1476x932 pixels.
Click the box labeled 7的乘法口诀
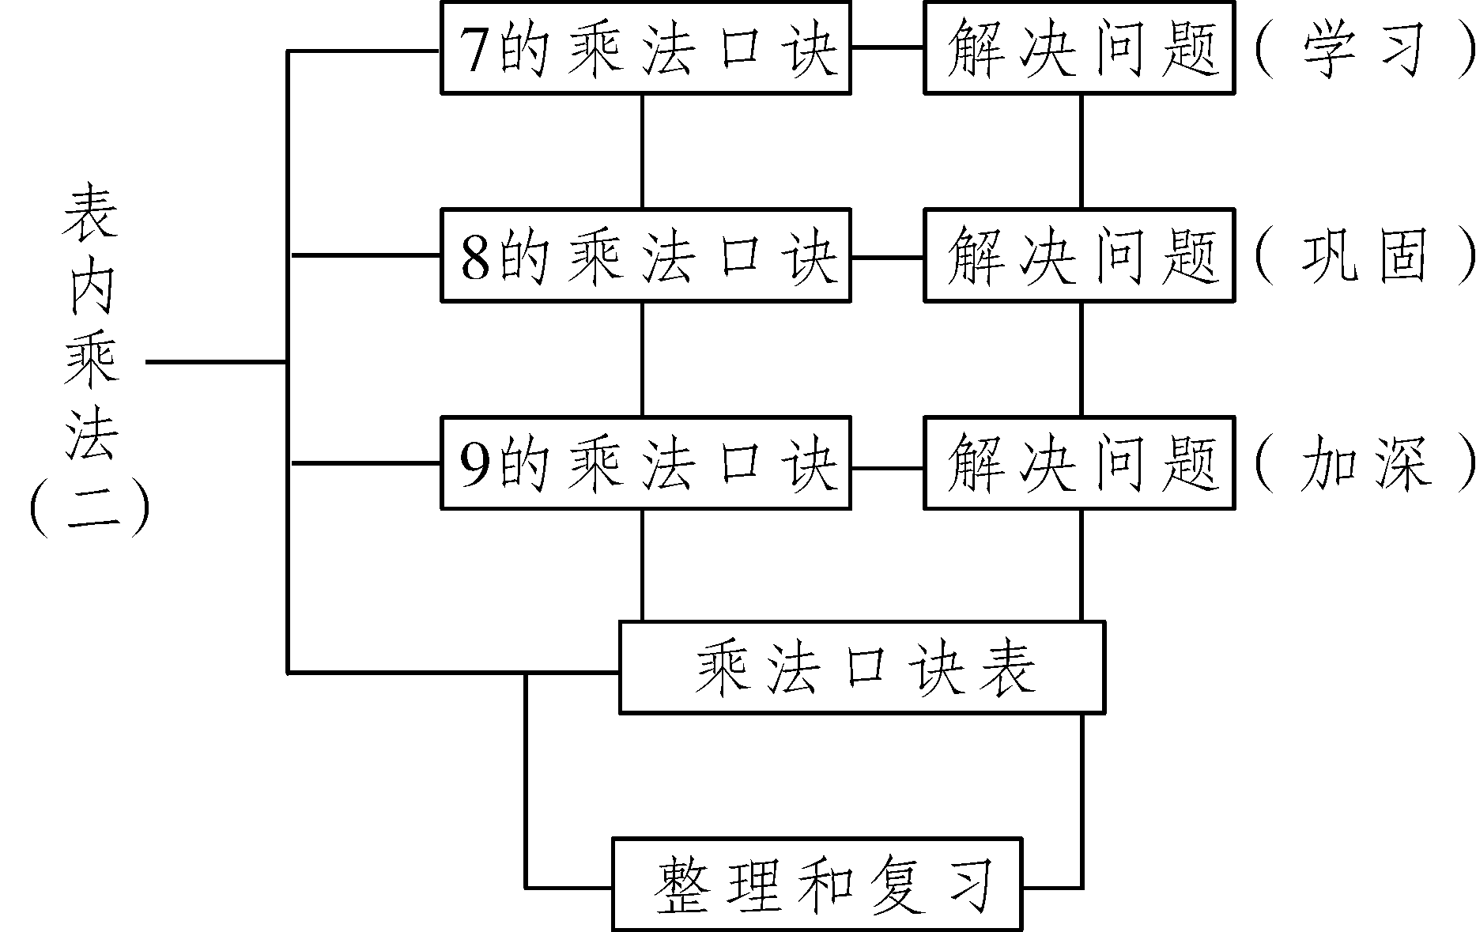(645, 48)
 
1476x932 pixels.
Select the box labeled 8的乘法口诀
(645, 255)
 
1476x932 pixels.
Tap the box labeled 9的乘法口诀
(645, 462)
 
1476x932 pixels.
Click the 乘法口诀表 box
(862, 668)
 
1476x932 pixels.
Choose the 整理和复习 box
(817, 884)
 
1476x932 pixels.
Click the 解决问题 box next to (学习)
(1079, 48)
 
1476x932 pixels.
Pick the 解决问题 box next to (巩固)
(1079, 255)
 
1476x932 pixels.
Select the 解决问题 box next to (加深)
(1079, 462)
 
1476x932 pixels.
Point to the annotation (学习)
(1363, 50)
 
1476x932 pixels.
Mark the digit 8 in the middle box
(475, 258)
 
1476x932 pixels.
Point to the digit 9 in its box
(475, 465)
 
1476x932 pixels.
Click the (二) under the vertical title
(89, 510)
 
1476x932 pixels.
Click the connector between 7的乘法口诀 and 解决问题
(887, 47)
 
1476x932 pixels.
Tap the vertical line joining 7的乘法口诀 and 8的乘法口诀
(642, 151)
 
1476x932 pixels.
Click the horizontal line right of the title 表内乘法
(215, 362)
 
